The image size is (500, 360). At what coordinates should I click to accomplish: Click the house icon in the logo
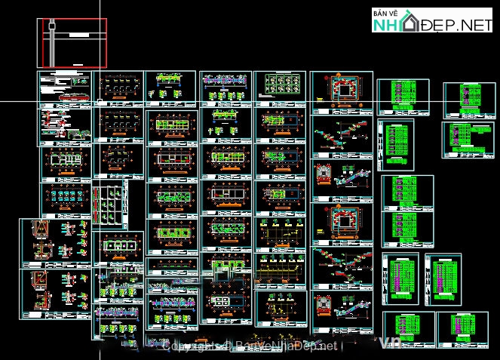point(411,22)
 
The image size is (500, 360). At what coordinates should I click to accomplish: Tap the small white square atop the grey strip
point(51,24)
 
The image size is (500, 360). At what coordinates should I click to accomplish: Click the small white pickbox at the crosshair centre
point(98,100)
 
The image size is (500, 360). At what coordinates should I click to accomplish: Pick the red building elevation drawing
point(74,97)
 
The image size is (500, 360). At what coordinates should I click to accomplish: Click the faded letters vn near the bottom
point(393,343)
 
